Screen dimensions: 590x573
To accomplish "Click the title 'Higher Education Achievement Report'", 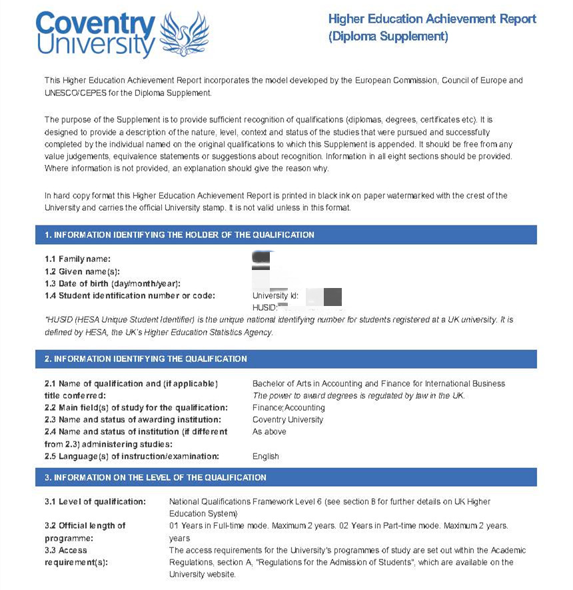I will coord(432,19).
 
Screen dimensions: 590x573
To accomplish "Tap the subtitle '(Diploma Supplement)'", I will coord(388,36).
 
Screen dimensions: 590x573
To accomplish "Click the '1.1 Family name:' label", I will coord(77,259).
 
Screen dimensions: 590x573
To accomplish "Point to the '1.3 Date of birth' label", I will coord(113,283).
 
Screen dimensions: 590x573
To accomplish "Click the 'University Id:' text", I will coord(275,296).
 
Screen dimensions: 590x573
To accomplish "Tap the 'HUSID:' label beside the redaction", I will coord(265,307).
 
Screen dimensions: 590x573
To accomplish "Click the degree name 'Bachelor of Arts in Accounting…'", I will coord(378,383).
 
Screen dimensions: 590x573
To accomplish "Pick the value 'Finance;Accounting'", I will coord(288,407).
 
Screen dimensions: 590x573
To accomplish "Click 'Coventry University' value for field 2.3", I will coord(288,420).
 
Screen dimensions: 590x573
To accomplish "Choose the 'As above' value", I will coord(269,432).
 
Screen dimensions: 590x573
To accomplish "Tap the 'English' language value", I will coord(266,457).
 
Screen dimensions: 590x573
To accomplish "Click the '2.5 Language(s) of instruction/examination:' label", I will coord(132,457).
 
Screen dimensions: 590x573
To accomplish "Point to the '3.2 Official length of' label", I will coord(85,525).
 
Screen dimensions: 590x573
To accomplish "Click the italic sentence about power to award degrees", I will coord(358,395).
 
